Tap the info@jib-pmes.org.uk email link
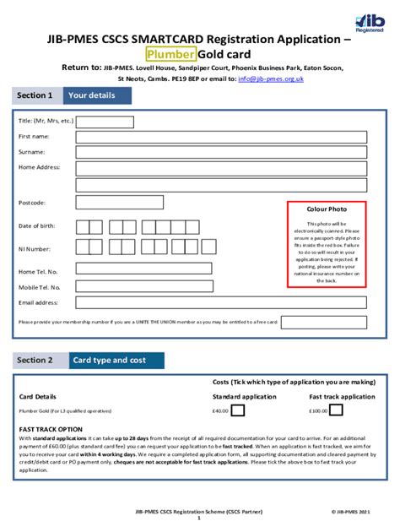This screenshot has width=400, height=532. pyautogui.click(x=271, y=79)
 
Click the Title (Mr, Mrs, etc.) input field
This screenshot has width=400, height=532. pyautogui.click(x=105, y=122)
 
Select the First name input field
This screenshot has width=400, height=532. pyautogui.click(x=222, y=137)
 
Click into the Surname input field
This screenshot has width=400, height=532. pyautogui.click(x=222, y=153)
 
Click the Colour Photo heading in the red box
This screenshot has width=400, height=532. pyautogui.click(x=327, y=209)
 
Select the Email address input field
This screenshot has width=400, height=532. pyautogui.click(x=222, y=302)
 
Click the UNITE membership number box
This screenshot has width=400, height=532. pyautogui.click(x=323, y=322)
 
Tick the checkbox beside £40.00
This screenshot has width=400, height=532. pyautogui.click(x=238, y=411)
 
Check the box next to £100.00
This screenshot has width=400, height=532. pyautogui.click(x=337, y=411)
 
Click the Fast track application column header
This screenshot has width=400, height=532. pyautogui.click(x=342, y=396)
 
